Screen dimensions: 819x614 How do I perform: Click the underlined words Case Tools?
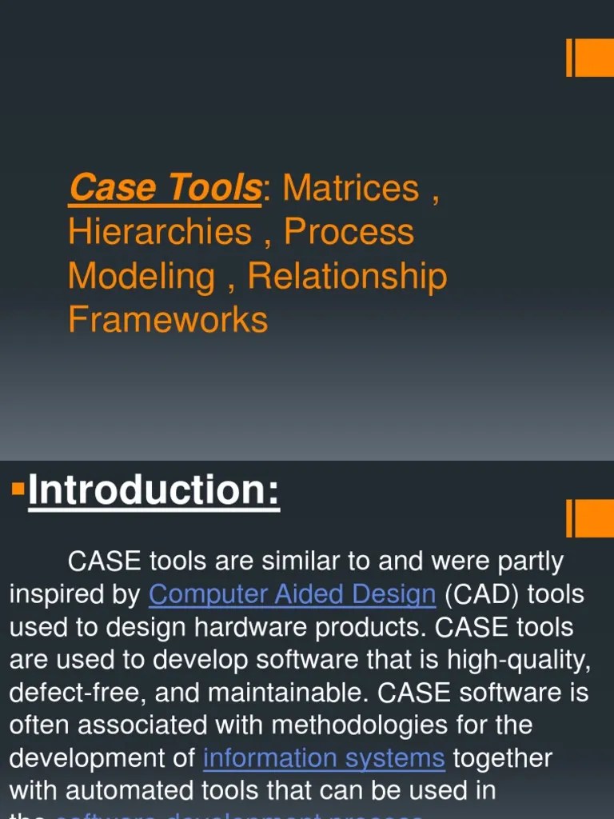click(x=165, y=188)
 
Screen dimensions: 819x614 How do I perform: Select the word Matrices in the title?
click(x=350, y=188)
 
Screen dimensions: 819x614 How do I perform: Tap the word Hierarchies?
click(x=160, y=232)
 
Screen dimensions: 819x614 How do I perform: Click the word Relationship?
click(x=347, y=276)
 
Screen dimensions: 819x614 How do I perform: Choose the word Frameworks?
click(x=168, y=319)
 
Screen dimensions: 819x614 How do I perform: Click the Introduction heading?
click(x=153, y=490)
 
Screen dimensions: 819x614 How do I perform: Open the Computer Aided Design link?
click(x=292, y=594)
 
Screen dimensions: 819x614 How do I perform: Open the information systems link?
click(x=324, y=757)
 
